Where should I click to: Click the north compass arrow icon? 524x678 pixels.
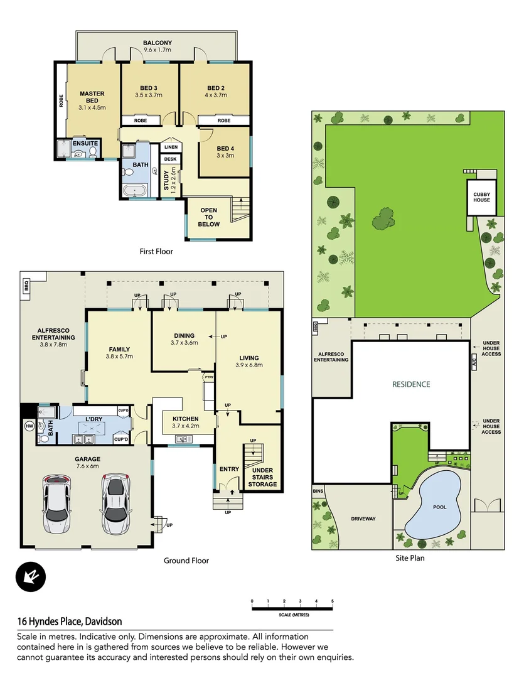(31, 576)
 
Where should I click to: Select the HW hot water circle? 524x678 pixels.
(28, 426)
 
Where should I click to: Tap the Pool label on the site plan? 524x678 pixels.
(439, 507)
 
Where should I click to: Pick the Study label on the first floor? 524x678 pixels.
(167, 180)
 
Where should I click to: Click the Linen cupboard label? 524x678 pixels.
(171, 147)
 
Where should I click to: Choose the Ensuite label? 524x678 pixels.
(85, 143)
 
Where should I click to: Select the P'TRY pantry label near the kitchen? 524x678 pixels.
(208, 377)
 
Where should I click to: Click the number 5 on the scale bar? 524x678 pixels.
(332, 601)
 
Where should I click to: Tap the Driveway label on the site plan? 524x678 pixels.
(363, 519)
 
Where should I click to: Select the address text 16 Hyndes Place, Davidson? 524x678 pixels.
(69, 621)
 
